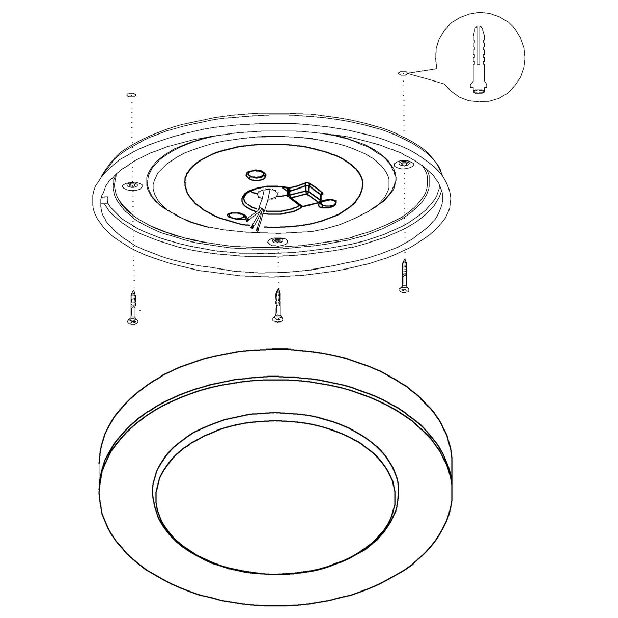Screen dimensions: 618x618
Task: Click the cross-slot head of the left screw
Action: pyautogui.click(x=132, y=321)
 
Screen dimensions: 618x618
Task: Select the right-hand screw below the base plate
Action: pyautogui.click(x=404, y=277)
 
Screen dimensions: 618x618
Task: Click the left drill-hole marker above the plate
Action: pyautogui.click(x=131, y=95)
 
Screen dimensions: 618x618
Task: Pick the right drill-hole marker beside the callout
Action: pyautogui.click(x=402, y=73)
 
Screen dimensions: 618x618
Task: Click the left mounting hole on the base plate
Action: pyautogui.click(x=133, y=186)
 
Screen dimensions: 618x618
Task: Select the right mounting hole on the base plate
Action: pyautogui.click(x=404, y=164)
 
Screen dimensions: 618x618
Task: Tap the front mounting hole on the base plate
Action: pyautogui.click(x=276, y=241)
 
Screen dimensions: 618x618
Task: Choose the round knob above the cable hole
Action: pyautogui.click(x=255, y=174)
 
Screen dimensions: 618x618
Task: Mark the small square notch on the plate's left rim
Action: pyautogui.click(x=105, y=199)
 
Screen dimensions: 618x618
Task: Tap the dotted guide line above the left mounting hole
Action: pyautogui.click(x=132, y=138)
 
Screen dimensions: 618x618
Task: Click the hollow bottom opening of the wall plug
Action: pyautogui.click(x=480, y=92)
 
